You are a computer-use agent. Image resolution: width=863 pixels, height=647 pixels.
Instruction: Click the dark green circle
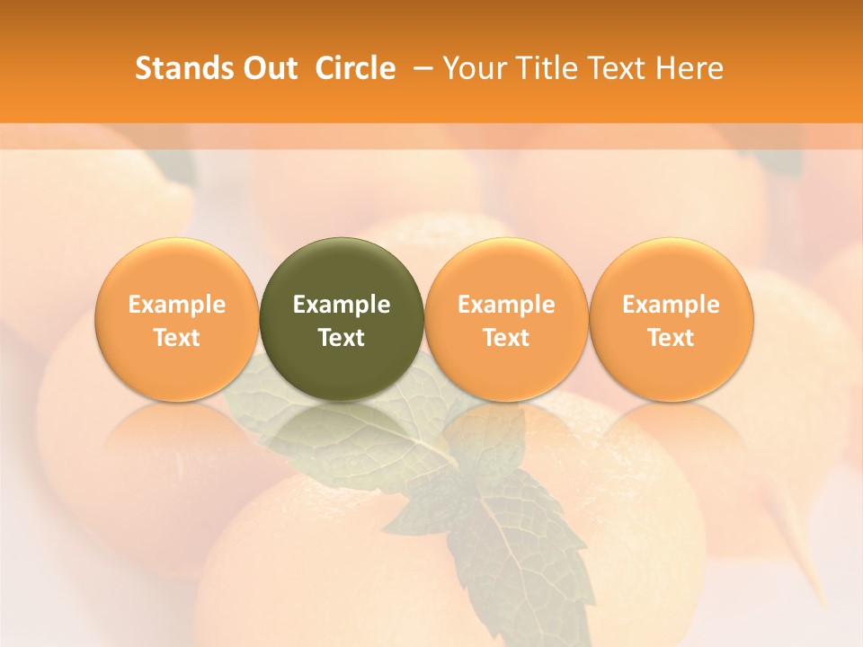[342, 270]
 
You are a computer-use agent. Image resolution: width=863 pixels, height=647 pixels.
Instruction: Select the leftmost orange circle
[176, 270]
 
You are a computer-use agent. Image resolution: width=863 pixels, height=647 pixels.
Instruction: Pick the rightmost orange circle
[672, 270]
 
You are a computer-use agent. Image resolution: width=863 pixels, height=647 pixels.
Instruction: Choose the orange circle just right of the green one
[506, 270]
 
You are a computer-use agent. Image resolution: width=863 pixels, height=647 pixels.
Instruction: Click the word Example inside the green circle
[342, 305]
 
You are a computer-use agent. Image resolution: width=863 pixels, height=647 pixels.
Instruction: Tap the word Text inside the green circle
[342, 338]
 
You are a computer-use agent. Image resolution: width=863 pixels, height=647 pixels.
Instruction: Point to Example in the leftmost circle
[176, 305]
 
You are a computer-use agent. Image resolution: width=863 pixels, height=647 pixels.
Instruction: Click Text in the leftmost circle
[176, 338]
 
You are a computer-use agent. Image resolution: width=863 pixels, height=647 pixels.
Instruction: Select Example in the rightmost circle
[672, 305]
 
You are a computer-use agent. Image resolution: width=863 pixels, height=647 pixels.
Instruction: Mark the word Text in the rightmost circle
[672, 338]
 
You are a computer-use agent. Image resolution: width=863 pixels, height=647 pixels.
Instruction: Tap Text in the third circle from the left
[506, 338]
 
